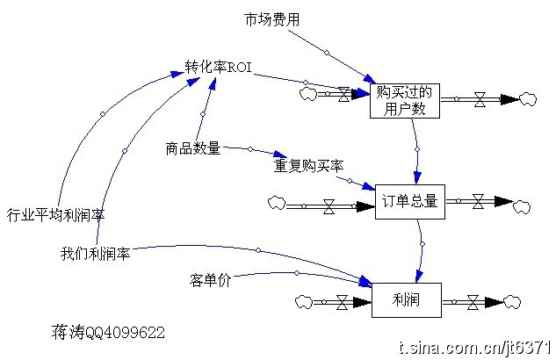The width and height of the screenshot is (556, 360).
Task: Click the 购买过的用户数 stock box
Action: (407, 99)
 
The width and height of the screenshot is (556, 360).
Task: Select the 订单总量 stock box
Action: (410, 201)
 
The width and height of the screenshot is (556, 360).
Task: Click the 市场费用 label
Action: (271, 18)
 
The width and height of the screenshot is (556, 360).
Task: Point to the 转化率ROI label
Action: (219, 68)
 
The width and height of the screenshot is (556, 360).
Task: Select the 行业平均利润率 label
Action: (55, 213)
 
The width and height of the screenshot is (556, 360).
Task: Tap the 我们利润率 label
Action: (95, 254)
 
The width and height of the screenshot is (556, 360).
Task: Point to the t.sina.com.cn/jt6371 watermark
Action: (474, 348)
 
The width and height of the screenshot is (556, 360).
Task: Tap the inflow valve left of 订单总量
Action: (329, 207)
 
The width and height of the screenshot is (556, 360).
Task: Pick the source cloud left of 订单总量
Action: (276, 204)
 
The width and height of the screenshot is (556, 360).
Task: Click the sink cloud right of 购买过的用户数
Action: (528, 98)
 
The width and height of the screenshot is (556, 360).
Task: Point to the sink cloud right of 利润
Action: (518, 301)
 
